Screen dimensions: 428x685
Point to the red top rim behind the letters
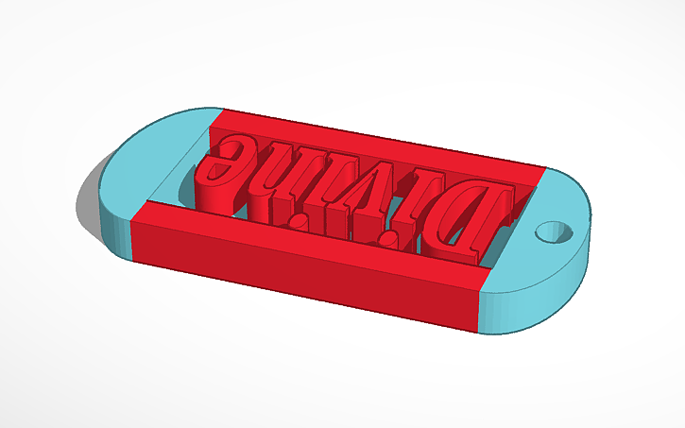[378, 142]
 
